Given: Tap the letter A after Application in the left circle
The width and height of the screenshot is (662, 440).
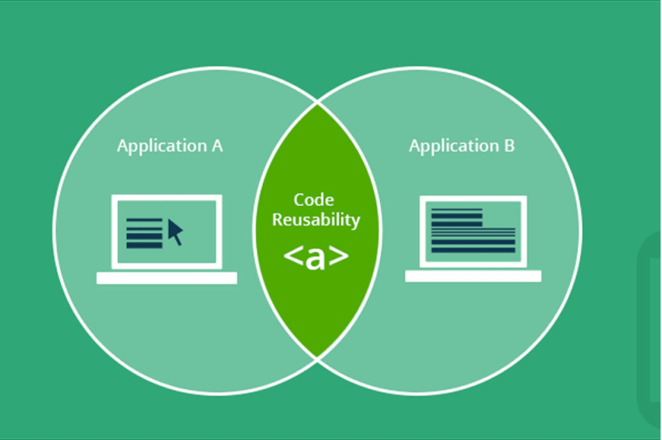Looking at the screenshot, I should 216,145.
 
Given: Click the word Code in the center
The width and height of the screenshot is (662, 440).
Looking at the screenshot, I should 314,200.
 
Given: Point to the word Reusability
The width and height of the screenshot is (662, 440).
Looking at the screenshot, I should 315,220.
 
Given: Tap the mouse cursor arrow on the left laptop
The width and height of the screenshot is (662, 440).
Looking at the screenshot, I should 175,231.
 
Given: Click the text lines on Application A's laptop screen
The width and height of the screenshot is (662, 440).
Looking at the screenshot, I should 144,233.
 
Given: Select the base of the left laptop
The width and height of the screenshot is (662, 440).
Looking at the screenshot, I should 166,278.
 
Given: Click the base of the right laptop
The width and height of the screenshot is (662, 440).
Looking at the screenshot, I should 473,276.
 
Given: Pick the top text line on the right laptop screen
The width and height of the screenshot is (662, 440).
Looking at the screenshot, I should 456,210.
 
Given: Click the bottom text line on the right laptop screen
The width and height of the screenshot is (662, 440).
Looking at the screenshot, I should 472,251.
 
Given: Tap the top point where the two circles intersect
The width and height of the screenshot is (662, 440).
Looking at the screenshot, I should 317,104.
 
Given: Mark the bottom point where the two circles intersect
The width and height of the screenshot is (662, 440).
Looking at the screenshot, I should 317,357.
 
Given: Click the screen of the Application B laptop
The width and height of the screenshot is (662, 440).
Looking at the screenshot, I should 473,231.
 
